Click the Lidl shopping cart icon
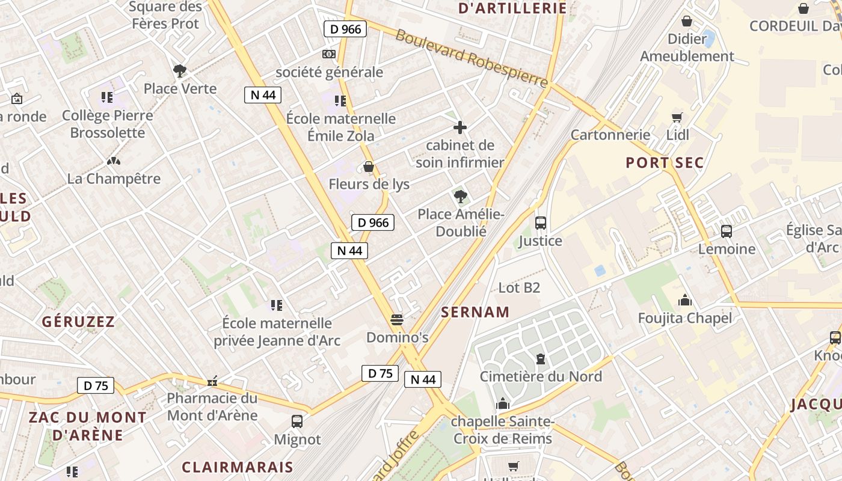[x=677, y=117]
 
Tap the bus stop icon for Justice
[x=540, y=223]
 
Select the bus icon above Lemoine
[x=726, y=231]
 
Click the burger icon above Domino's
[x=396, y=319]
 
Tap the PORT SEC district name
[x=665, y=163]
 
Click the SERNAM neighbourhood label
[x=475, y=312]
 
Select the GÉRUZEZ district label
[x=78, y=322]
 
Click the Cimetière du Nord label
[x=541, y=377]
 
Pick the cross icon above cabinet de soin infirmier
[x=460, y=127]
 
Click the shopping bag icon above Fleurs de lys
[x=369, y=167]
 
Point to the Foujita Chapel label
[x=685, y=318]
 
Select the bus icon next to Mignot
[x=297, y=421]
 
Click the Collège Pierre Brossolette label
[x=108, y=124]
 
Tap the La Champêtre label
[x=114, y=179]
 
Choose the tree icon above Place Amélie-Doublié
[x=461, y=196]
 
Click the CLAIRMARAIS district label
[x=238, y=467]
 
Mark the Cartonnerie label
[x=610, y=135]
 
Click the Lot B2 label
[x=519, y=288]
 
